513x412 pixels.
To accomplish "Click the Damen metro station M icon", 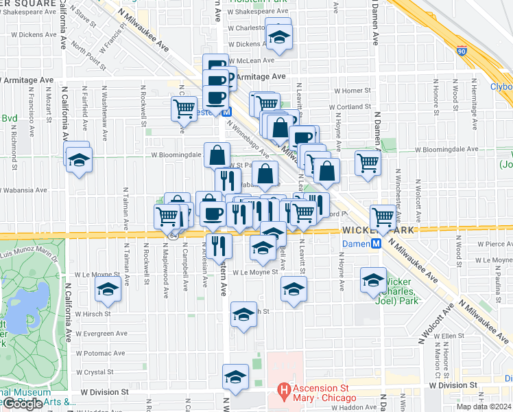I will tap(376, 244).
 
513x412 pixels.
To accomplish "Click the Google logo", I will tap(22, 404).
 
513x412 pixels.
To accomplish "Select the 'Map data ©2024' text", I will tap(484, 407).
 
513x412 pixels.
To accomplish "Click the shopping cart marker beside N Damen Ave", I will tap(368, 163).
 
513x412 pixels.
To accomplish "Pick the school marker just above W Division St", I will tap(235, 377).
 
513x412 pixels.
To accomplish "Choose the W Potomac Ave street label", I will tap(100, 353).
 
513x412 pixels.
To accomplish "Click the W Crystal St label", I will tap(94, 372).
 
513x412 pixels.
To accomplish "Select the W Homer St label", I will tap(353, 91).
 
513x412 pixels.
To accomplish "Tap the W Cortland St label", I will tap(353, 107).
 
